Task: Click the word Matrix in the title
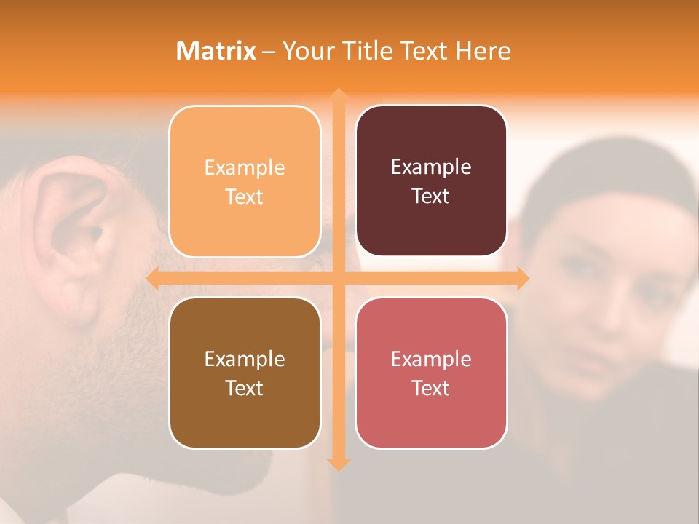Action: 216,51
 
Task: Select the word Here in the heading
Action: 483,51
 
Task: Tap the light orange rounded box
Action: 245,181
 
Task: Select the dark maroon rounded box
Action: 431,180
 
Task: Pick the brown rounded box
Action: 245,373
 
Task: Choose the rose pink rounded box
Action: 431,373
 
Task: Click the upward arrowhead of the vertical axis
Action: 338,95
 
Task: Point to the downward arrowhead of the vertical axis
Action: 338,464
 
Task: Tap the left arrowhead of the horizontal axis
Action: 152,278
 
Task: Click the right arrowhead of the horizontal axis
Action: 522,278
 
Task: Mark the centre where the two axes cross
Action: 338,278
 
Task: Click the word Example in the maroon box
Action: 431,167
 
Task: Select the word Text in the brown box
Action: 245,388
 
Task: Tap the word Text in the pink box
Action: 431,388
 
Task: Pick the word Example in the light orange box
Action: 245,167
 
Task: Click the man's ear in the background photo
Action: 73,233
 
